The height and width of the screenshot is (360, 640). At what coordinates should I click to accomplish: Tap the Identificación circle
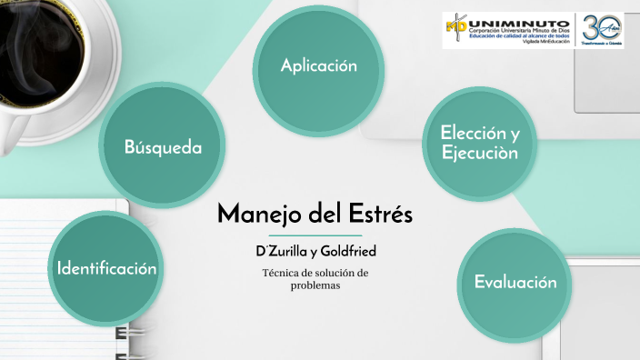tap(107, 268)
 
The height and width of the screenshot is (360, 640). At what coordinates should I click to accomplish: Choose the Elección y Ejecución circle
tap(479, 144)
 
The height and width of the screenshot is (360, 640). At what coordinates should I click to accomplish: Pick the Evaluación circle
tap(515, 283)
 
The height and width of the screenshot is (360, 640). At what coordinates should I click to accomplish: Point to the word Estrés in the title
tap(380, 215)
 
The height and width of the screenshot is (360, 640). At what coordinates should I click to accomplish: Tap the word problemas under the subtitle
tap(315, 285)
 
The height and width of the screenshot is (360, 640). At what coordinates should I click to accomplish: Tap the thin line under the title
tap(315, 235)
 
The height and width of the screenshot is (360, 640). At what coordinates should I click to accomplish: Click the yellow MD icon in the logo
tap(455, 28)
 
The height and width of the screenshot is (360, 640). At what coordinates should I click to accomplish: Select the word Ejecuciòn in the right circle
tap(480, 154)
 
